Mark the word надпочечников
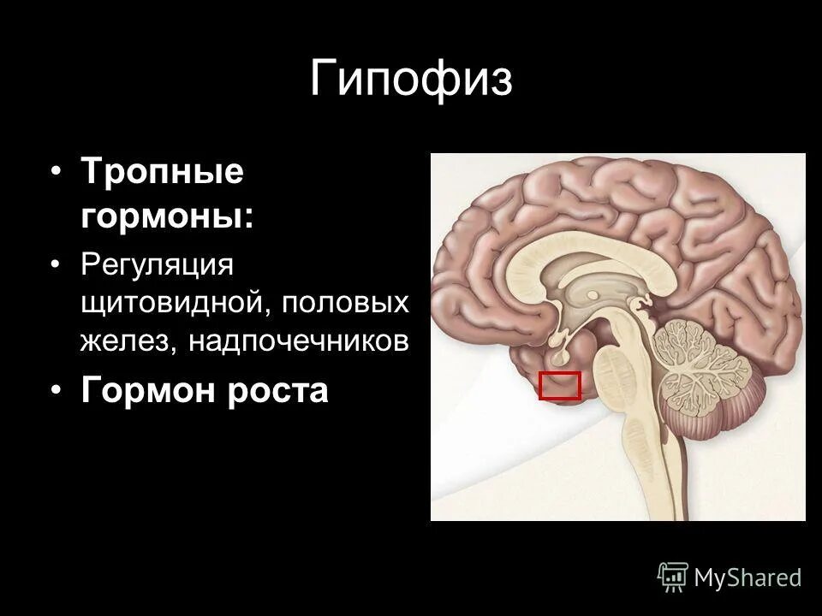click(x=299, y=341)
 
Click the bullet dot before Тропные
click(x=56, y=172)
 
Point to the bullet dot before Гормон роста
click(x=56, y=390)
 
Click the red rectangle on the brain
click(x=560, y=386)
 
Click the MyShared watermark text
click(x=748, y=577)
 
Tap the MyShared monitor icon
click(x=673, y=577)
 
